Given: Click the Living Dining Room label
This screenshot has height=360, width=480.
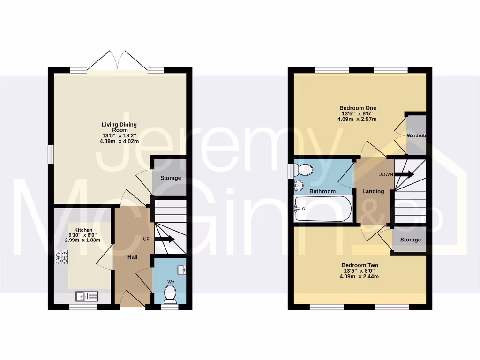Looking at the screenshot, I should tap(120, 127).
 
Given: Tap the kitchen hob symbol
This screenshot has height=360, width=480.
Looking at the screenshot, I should tap(62, 257).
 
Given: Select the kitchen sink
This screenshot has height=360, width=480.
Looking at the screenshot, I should tap(87, 296).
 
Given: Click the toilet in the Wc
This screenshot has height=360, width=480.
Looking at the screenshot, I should tap(170, 294).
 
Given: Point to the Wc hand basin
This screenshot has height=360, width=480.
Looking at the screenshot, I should tap(182, 269).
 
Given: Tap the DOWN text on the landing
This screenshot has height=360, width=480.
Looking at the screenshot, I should tap(386, 174).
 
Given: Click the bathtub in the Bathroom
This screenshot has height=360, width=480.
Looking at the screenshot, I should tap(322, 210).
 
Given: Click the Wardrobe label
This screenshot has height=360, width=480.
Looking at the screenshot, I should tap(416, 136).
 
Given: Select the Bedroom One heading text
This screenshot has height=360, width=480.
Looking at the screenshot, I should tap(358, 108).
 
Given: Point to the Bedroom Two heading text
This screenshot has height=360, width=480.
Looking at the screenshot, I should tap(360, 265).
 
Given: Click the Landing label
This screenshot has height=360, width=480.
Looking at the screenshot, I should tap(373, 191).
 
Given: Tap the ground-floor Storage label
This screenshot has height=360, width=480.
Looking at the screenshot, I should tap(170, 178).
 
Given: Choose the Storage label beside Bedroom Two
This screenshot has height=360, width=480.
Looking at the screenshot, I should tap(410, 240).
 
